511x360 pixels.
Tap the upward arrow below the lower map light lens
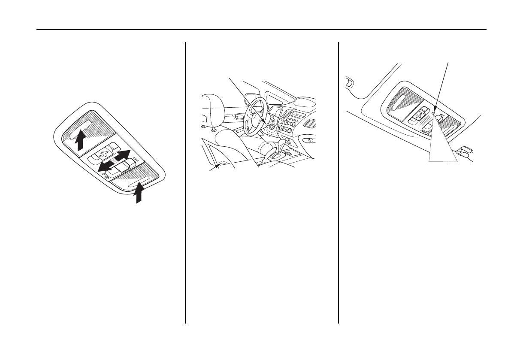138,194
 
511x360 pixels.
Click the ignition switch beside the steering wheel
271,127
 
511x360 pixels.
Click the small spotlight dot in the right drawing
434,113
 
